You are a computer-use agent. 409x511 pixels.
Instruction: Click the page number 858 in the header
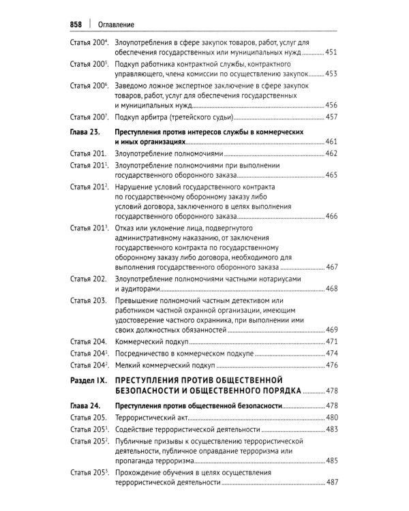coord(76,25)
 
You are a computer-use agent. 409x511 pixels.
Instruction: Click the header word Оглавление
coord(115,25)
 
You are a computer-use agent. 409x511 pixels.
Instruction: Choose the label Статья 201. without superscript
coord(88,153)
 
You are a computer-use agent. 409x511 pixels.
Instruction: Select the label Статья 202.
coord(88,279)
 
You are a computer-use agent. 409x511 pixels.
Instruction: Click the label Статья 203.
coord(88,300)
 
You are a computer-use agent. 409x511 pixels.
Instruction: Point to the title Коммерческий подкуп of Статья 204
coord(152,341)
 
